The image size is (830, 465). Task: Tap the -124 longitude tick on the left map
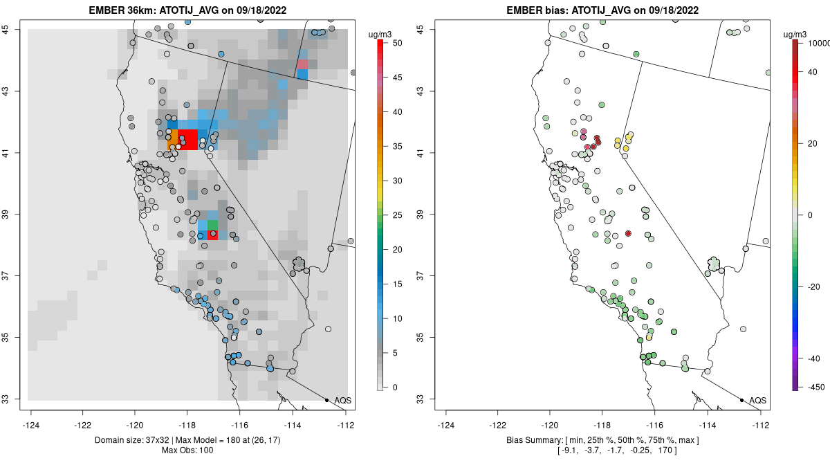tap(31, 425)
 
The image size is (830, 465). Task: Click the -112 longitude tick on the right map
tap(761, 425)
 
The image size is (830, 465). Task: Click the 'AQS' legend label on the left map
tap(343, 401)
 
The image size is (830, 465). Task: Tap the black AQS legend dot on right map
tap(741, 400)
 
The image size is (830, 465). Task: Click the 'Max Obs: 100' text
tap(187, 451)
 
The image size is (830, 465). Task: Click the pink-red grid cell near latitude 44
tap(302, 64)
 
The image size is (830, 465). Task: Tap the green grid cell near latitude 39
tap(212, 225)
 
